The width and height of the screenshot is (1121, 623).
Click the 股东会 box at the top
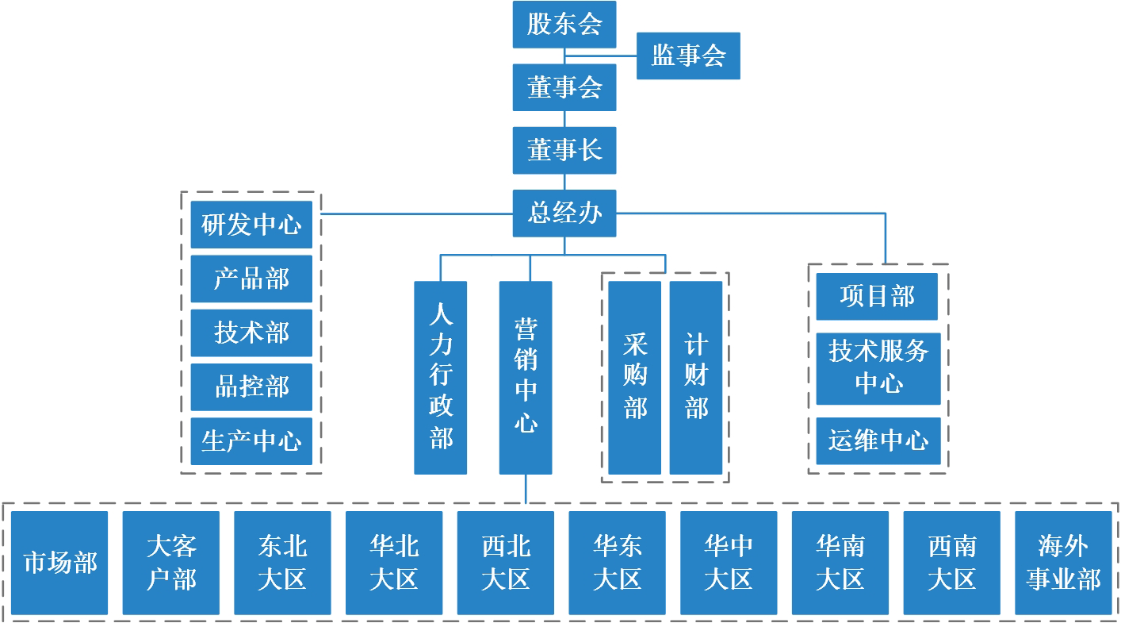click(x=564, y=24)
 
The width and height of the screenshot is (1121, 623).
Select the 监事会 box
click(x=687, y=56)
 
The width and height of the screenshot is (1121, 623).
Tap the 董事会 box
click(x=564, y=87)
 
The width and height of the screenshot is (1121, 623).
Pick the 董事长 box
click(x=564, y=150)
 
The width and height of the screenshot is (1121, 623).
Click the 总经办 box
click(x=564, y=213)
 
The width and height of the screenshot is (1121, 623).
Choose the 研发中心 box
click(x=251, y=225)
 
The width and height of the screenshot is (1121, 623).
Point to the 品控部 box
click(x=251, y=387)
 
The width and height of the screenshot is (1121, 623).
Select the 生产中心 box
click(x=251, y=441)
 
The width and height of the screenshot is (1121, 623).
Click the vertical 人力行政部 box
click(x=440, y=378)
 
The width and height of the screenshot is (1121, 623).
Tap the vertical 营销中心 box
click(x=525, y=378)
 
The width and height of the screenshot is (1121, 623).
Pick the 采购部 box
click(x=634, y=378)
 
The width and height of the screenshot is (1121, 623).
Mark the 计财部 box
click(x=695, y=378)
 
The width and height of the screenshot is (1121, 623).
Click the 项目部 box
click(x=877, y=297)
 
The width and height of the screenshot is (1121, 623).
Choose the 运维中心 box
click(x=878, y=440)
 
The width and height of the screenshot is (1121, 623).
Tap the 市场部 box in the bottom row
click(x=59, y=563)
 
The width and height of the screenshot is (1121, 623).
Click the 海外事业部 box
click(x=1063, y=563)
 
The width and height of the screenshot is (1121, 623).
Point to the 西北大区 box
click(x=506, y=563)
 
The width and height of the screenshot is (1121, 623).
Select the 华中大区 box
click(x=729, y=563)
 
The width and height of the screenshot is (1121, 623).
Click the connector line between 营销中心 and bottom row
click(x=526, y=488)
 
